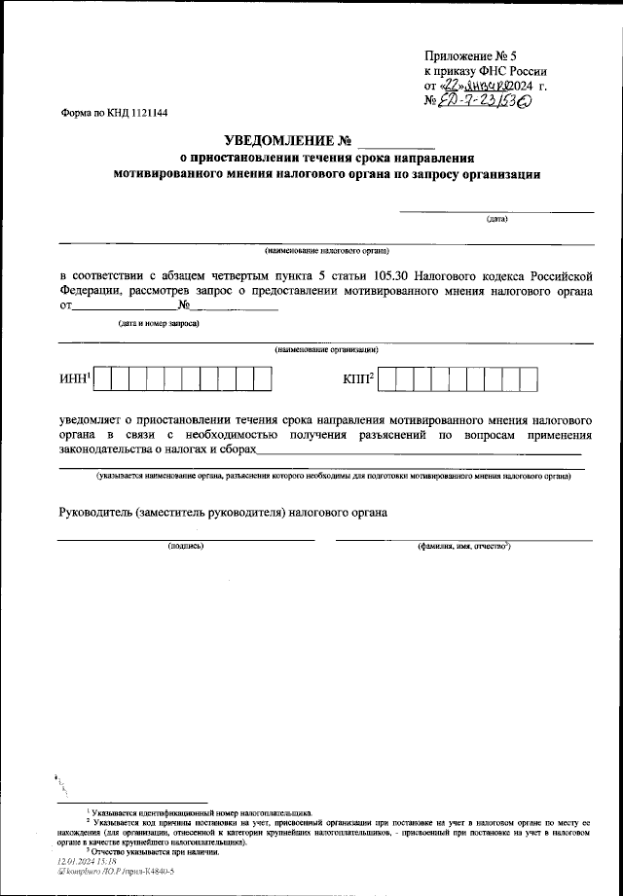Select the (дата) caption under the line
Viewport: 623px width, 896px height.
click(x=496, y=219)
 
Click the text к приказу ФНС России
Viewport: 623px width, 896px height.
click(x=485, y=71)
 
